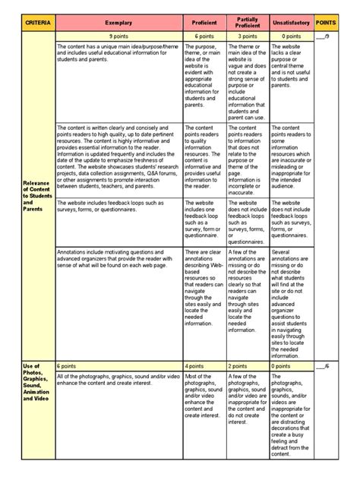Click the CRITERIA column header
(x=38, y=24)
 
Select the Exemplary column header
(x=118, y=24)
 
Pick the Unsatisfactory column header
(x=292, y=24)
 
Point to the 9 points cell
(x=118, y=36)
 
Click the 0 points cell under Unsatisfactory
(x=292, y=36)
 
